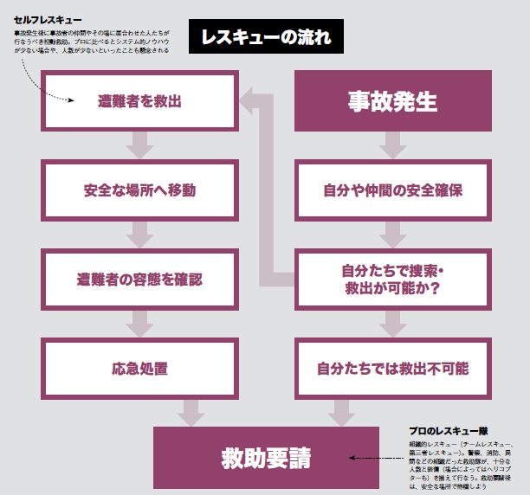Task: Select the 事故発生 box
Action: (392, 101)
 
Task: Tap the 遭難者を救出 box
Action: (139, 101)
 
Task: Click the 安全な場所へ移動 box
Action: (139, 190)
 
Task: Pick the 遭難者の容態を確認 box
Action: (139, 280)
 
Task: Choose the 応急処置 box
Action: (139, 369)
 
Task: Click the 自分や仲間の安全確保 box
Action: (392, 190)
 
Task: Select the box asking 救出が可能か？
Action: (392, 280)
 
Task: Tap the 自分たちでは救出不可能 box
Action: (392, 369)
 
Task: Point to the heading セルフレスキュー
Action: (48, 19)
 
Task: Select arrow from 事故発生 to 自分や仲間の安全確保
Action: (392, 145)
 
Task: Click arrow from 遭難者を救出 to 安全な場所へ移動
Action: (139, 145)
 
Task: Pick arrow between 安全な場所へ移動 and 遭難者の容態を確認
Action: (139, 235)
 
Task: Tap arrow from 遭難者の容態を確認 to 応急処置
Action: (139, 324)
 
